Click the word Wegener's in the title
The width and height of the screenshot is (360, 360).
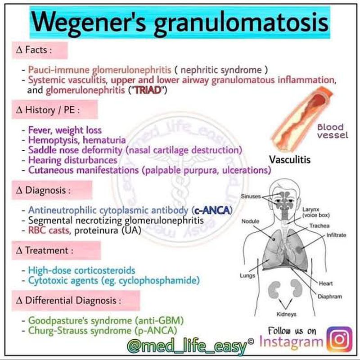(x=88, y=22)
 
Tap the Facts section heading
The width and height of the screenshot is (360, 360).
(x=34, y=50)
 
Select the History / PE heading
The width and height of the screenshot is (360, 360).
(x=48, y=110)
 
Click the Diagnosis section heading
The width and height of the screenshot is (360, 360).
(x=43, y=190)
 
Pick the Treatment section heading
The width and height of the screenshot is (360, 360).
(x=45, y=251)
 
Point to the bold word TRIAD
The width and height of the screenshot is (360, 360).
(x=148, y=90)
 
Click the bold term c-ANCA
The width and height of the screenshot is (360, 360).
(x=212, y=210)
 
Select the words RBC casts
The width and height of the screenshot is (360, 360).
(x=49, y=230)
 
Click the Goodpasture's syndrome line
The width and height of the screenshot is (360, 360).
(x=106, y=320)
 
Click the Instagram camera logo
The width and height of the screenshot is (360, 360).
(x=340, y=339)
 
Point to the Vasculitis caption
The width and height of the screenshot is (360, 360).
(x=290, y=160)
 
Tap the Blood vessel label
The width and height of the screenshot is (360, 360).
(x=333, y=131)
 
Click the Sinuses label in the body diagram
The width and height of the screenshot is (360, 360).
(x=251, y=196)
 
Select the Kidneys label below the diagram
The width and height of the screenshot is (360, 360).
(x=286, y=314)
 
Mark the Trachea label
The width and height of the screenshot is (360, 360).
(x=319, y=226)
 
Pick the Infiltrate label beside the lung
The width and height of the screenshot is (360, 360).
(x=336, y=235)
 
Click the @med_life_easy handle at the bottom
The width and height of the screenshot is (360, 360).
(x=187, y=346)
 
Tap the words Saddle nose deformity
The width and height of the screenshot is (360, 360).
(x=75, y=150)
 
